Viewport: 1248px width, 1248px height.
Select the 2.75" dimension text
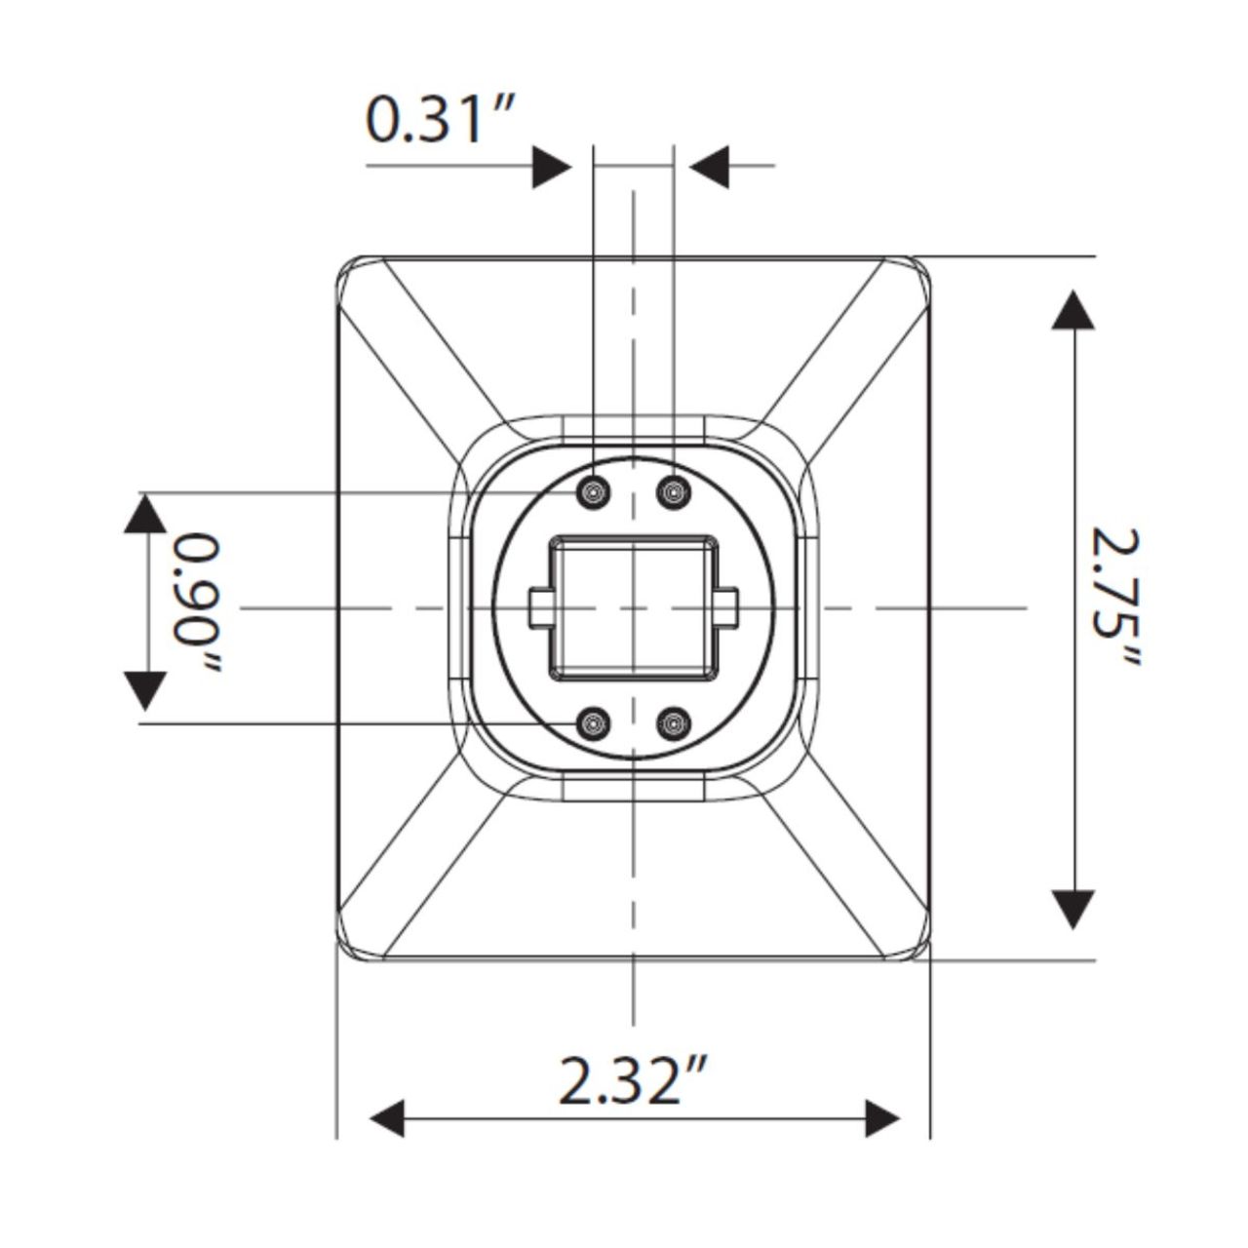pyautogui.click(x=1114, y=597)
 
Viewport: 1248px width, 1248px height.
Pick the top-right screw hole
pyautogui.click(x=672, y=491)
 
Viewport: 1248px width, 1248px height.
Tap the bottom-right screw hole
pyautogui.click(x=672, y=723)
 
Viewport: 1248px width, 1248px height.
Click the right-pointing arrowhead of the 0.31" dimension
pyautogui.click(x=552, y=167)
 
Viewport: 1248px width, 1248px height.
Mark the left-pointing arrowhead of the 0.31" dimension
pyautogui.click(x=709, y=167)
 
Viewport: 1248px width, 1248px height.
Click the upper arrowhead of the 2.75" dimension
pyautogui.click(x=1073, y=311)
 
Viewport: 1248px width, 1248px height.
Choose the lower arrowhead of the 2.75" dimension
pyautogui.click(x=1073, y=907)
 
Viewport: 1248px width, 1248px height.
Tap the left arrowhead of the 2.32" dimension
pyautogui.click(x=387, y=1118)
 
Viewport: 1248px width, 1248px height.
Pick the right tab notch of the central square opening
pyautogui.click(x=726, y=606)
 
